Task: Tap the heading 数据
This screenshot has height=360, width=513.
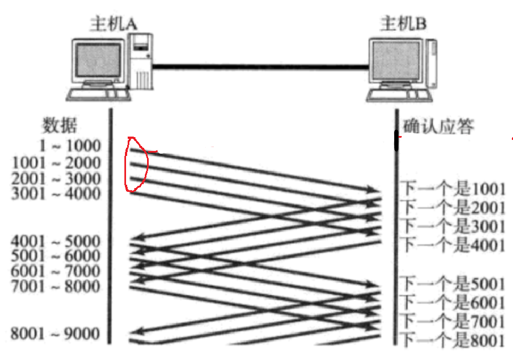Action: [59, 126]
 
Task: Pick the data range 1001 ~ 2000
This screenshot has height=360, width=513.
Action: [57, 163]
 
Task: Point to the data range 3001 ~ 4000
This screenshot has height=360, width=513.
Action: [57, 194]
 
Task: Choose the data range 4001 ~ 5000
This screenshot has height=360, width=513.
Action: [57, 242]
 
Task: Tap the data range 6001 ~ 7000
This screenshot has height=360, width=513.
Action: [57, 271]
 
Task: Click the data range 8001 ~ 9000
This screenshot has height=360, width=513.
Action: [57, 333]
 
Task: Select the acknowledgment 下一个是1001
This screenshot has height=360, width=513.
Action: [453, 190]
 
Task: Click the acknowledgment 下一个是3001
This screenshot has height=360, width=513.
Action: [453, 226]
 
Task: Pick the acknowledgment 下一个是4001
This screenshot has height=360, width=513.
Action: [453, 244]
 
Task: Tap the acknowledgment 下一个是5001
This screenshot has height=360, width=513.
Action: [453, 284]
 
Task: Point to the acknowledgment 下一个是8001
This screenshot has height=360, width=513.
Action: [453, 338]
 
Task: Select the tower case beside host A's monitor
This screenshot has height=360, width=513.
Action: [140, 61]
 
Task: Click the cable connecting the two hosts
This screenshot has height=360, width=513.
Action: [260, 67]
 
